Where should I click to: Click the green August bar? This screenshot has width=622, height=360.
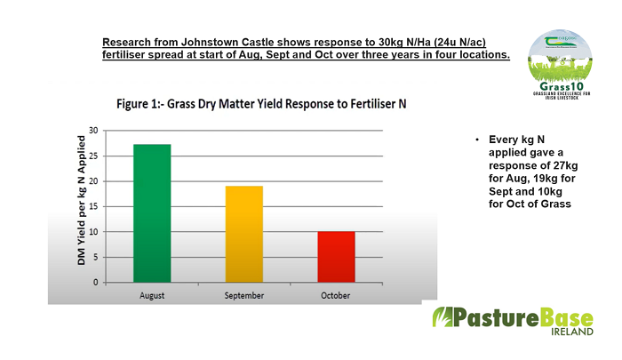point(151,213)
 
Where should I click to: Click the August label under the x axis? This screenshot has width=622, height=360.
point(151,296)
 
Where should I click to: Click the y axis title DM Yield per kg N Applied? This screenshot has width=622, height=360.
point(81,205)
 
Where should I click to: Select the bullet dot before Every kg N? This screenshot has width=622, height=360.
point(477,141)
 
